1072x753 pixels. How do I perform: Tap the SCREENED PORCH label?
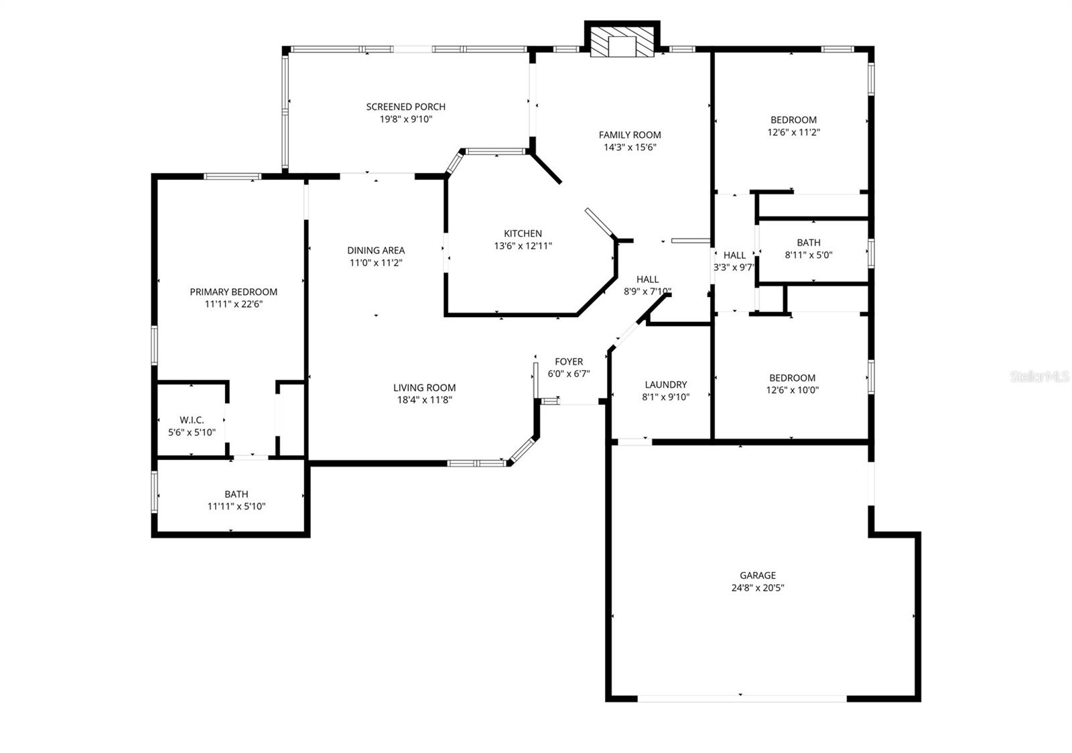tap(405, 107)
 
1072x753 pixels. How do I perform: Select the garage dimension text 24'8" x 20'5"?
tap(758, 588)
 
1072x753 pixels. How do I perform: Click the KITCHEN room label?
tap(523, 233)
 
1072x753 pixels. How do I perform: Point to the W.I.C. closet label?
tap(192, 420)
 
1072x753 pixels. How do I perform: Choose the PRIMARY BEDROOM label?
tap(233, 292)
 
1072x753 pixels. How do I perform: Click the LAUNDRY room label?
tap(665, 384)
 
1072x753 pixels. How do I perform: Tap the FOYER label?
tap(569, 361)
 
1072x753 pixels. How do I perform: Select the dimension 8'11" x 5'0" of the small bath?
tap(809, 255)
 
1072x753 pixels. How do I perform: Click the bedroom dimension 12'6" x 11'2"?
tap(793, 132)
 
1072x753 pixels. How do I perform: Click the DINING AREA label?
tap(376, 250)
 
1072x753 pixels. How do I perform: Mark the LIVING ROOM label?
tap(424, 387)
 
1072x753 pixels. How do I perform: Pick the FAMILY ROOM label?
tap(630, 135)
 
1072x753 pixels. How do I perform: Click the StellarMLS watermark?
tap(1039, 377)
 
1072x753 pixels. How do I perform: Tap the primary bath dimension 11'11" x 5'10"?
tap(236, 506)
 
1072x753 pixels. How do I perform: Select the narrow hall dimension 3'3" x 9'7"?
tap(734, 267)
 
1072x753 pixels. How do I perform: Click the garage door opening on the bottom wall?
tap(742, 699)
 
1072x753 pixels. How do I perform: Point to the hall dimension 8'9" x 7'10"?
tap(647, 291)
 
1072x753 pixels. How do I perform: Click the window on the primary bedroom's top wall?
tap(232, 176)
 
